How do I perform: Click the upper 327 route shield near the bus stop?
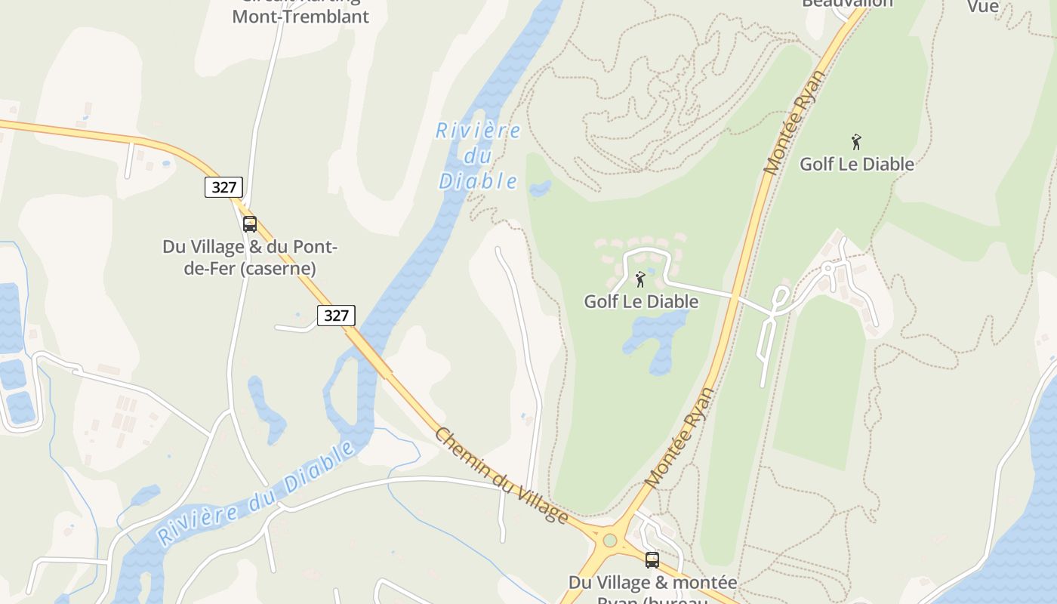tap(223, 187)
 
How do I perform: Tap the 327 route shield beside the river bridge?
tap(335, 315)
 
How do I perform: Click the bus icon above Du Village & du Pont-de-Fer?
tap(250, 224)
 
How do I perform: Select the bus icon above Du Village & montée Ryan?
tap(652, 560)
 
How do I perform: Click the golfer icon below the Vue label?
tap(856, 142)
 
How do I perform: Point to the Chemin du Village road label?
tap(501, 476)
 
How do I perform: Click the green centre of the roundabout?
tap(610, 541)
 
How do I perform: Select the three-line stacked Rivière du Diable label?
tap(479, 156)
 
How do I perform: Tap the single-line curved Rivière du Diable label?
tap(257, 494)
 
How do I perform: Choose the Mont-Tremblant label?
tap(300, 16)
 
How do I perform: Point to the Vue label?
tap(983, 7)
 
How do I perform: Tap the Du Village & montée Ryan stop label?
tap(652, 583)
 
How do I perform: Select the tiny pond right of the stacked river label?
tap(541, 188)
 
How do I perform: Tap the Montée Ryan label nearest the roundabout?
tap(679, 438)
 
